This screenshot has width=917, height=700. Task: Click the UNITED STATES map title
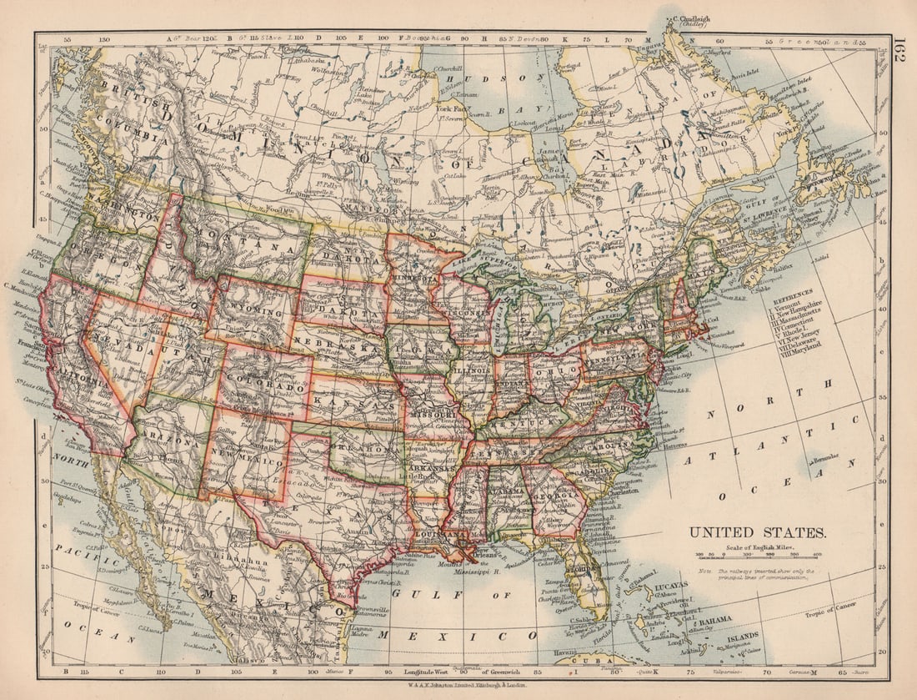757,532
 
